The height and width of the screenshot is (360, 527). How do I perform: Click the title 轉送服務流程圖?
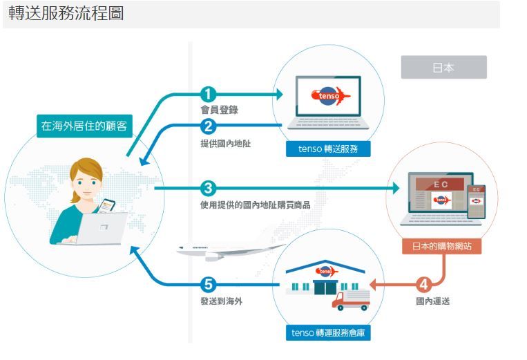pos(66,14)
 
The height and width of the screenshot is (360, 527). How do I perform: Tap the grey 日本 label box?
pos(443,67)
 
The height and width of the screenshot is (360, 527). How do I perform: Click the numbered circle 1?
pos(209,95)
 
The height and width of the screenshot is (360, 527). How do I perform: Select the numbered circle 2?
pos(209,126)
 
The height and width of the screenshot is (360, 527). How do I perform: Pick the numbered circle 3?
pos(209,187)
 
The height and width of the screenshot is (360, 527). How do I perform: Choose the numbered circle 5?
pos(209,284)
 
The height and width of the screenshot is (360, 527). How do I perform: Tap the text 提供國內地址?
pos(220,144)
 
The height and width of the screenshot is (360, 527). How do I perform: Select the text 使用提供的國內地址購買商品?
pos(255,205)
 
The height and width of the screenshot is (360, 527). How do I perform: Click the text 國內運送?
pos(433,301)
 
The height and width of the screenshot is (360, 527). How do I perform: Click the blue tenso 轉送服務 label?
pos(329,149)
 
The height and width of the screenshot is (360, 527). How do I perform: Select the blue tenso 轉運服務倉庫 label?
pos(328,333)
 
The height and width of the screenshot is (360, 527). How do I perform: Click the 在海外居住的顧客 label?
pos(84,126)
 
